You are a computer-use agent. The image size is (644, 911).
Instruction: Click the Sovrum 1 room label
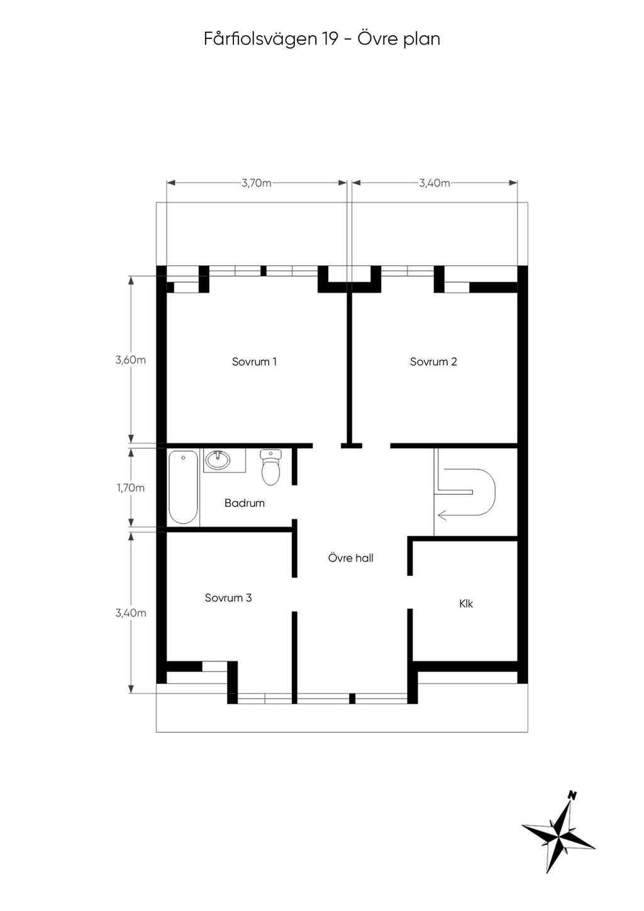tap(254, 362)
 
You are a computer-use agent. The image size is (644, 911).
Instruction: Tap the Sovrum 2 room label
tap(433, 362)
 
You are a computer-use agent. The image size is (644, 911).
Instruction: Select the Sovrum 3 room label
tap(228, 597)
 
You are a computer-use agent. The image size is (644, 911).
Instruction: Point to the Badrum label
tap(245, 503)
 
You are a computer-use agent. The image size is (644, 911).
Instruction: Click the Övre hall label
tap(351, 558)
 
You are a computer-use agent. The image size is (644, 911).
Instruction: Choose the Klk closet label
tap(466, 604)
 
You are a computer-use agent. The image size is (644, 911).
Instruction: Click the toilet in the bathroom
tap(270, 467)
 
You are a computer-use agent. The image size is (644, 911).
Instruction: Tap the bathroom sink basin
tap(218, 460)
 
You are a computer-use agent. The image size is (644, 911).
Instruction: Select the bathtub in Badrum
tap(184, 487)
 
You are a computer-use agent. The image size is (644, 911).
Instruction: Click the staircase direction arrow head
tap(442, 516)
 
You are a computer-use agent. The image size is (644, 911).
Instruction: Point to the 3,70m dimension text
tap(257, 183)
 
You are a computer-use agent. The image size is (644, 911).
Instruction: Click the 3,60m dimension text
tap(131, 360)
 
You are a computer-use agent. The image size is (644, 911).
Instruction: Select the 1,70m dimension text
tap(131, 488)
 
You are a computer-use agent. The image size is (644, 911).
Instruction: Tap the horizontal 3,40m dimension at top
tap(435, 183)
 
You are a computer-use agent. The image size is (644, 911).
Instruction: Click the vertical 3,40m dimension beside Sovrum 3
tap(131, 613)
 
